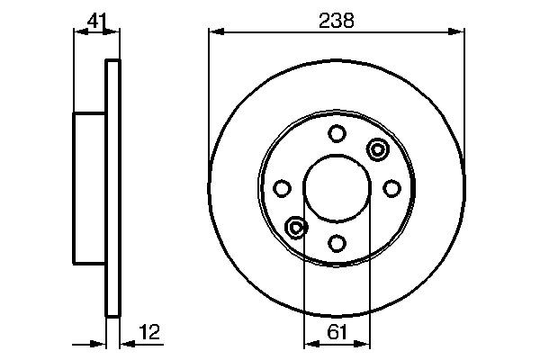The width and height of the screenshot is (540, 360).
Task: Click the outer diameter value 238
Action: click(337, 19)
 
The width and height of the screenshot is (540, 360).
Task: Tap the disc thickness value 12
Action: click(149, 333)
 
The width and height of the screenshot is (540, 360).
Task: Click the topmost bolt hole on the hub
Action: click(337, 134)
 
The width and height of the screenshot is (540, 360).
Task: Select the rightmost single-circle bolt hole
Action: click(391, 187)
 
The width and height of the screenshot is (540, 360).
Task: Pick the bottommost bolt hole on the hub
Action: click(337, 242)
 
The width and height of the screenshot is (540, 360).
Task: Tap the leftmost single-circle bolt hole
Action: click(283, 188)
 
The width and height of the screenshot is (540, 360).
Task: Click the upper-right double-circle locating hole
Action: click(376, 148)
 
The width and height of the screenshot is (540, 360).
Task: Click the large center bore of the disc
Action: click(337, 188)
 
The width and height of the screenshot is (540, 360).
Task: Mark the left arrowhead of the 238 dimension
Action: click(214, 33)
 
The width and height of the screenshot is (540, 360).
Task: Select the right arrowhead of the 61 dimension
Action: click(364, 343)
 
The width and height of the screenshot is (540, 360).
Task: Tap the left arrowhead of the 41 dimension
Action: click(77, 33)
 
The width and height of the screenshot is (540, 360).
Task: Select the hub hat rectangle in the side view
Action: click(89, 188)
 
